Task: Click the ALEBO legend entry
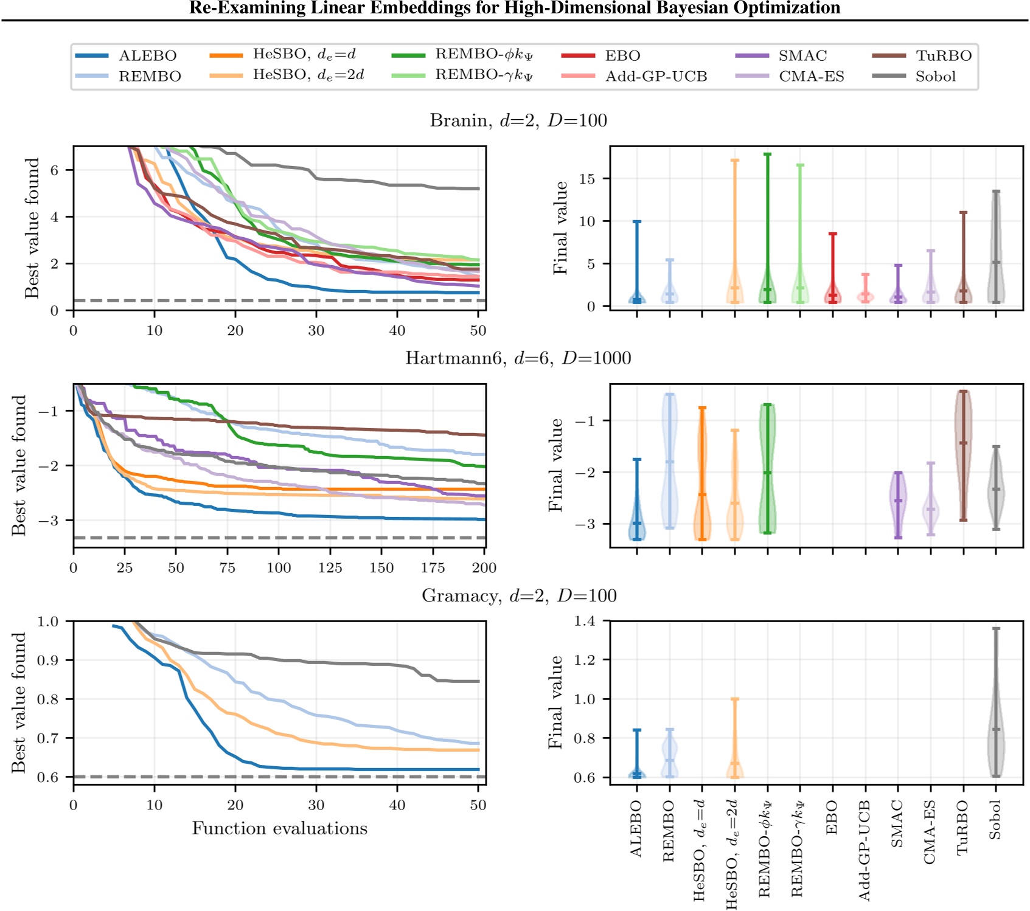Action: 147,56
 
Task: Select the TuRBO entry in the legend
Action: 943,56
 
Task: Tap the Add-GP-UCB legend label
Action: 656,77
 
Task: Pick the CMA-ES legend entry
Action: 811,77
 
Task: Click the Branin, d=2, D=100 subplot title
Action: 518,120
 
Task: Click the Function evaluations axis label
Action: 279,829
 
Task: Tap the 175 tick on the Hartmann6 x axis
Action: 433,568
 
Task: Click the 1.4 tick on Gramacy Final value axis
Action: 585,621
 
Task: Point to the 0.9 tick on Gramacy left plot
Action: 47,660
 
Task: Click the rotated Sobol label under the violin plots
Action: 995,820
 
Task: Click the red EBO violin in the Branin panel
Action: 833,292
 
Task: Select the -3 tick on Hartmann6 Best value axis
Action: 47,521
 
